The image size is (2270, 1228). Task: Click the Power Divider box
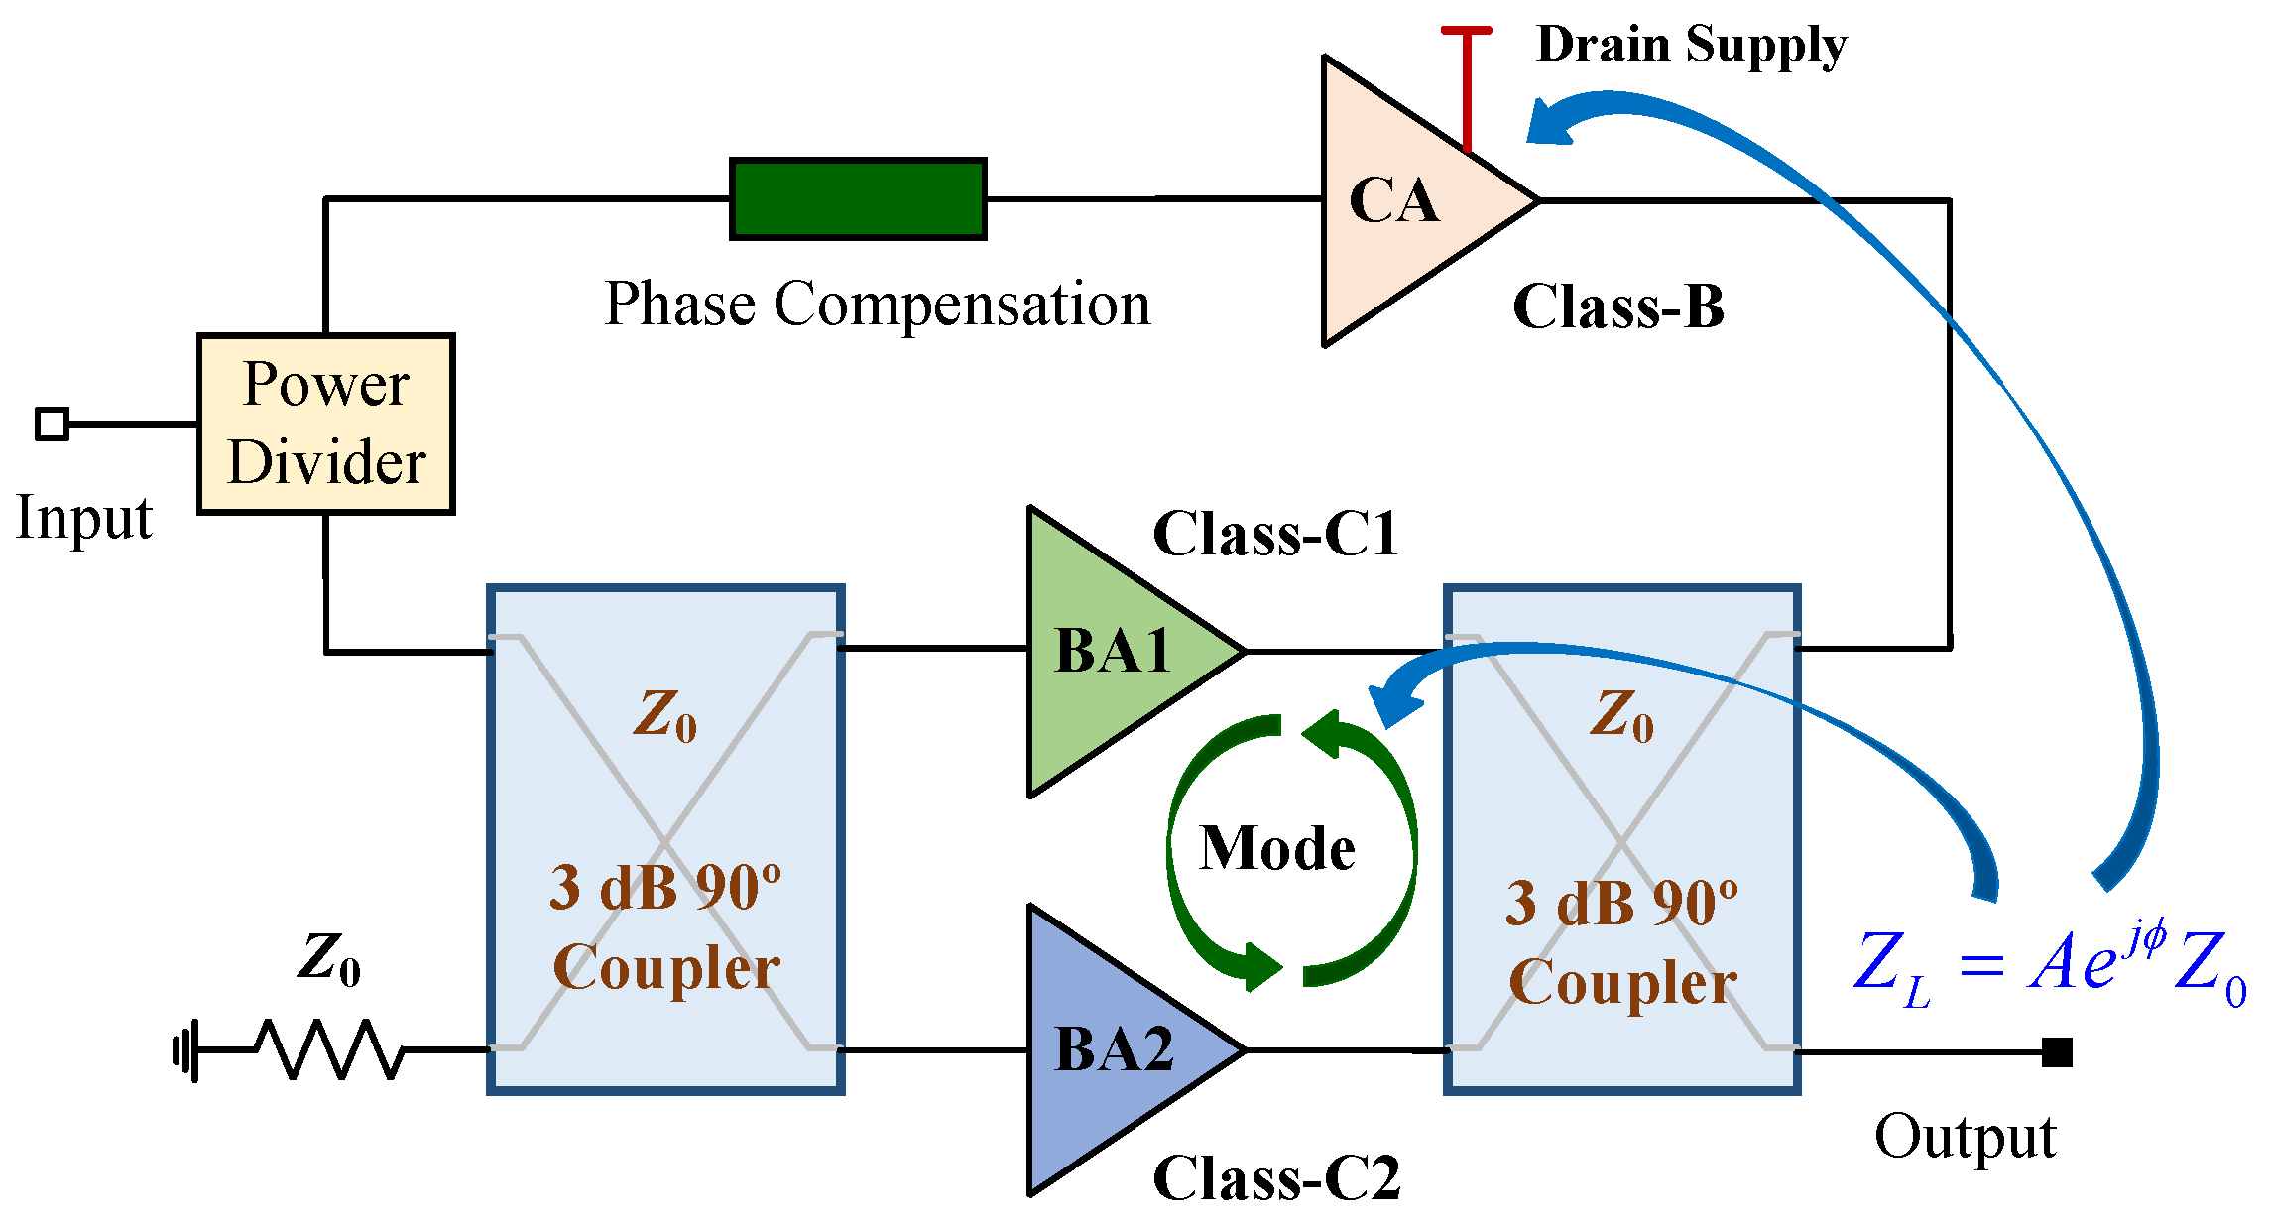point(325,424)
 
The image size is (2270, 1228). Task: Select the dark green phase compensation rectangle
point(858,198)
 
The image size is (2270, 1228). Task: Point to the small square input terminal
point(52,424)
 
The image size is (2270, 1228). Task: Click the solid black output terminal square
point(2057,1051)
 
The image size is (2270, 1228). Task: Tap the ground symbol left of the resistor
point(186,1049)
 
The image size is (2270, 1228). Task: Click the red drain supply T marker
point(1467,87)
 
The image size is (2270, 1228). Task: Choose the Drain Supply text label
point(1692,45)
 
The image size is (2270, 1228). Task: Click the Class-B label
point(1618,307)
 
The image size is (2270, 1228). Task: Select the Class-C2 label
point(1276,1178)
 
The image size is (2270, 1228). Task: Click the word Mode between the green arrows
point(1277,848)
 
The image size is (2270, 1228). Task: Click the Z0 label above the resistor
point(329,958)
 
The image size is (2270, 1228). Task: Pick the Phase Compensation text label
point(878,304)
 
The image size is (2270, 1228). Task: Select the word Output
point(1965,1137)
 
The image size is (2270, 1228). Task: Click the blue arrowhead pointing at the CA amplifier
point(1550,121)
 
